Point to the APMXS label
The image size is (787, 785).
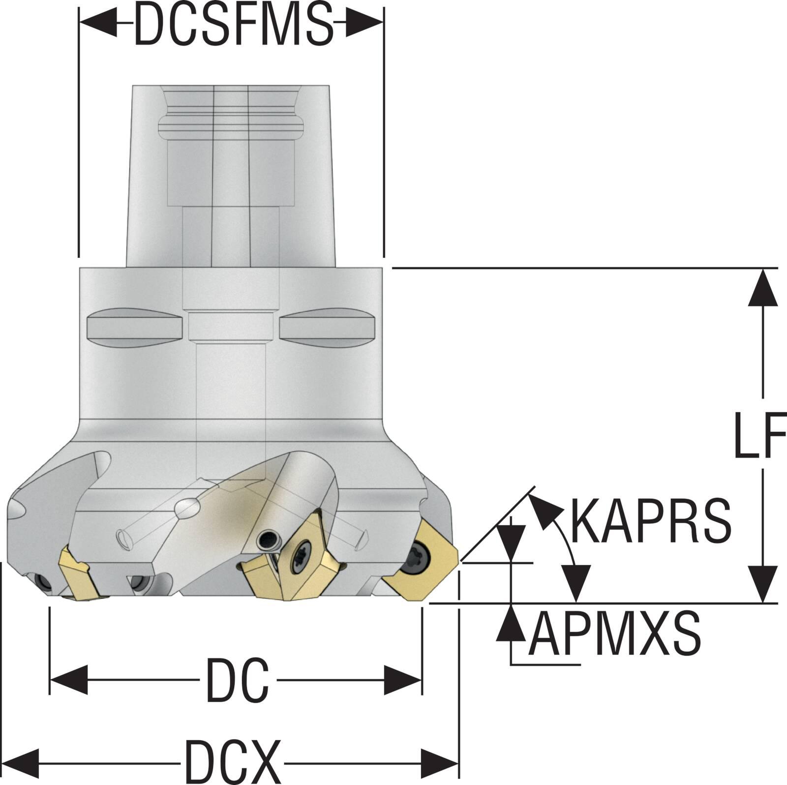[x=615, y=634]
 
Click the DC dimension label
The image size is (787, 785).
[x=238, y=680]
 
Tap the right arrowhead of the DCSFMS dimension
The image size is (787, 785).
[x=364, y=23]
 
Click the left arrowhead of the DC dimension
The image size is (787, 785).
[x=69, y=680]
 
